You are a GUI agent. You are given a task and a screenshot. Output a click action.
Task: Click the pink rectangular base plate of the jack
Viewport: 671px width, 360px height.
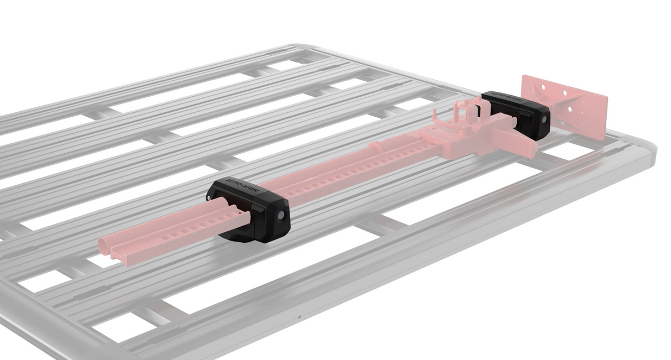pos(569,105)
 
